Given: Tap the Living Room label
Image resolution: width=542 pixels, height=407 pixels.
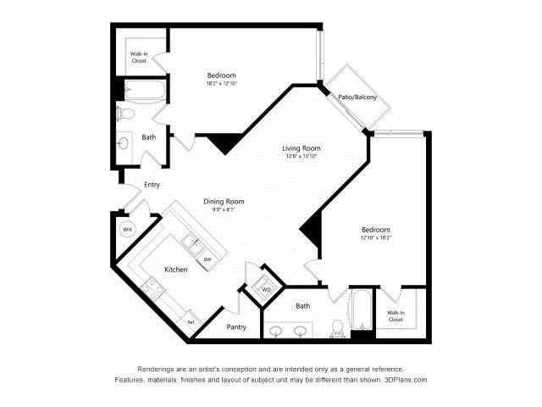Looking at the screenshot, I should (x=301, y=148).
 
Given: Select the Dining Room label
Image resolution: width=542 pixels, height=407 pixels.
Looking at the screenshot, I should (x=224, y=201).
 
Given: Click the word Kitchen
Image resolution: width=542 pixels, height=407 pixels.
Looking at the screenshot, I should (x=175, y=270).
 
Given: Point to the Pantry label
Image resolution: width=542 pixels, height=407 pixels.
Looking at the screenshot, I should (x=236, y=327).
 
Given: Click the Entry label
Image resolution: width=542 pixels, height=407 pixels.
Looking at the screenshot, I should (x=152, y=184).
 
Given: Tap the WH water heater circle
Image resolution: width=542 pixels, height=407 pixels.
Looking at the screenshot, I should (x=127, y=230).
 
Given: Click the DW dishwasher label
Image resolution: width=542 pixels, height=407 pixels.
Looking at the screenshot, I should (x=207, y=259).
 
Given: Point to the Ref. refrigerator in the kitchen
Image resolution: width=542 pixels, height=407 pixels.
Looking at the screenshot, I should (x=191, y=322).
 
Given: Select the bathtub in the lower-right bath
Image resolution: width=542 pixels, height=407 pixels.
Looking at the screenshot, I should (x=362, y=313).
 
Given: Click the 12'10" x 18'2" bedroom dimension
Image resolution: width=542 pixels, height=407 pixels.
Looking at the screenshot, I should (x=376, y=237).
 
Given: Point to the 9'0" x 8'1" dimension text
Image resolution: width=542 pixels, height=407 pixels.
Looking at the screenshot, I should (x=224, y=210).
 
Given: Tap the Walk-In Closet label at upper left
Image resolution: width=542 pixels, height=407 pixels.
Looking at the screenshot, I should (x=139, y=57).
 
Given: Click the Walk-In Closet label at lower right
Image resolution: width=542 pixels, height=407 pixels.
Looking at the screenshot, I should (x=396, y=316).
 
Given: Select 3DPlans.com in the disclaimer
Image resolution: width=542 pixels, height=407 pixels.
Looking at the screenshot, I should (x=403, y=380).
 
